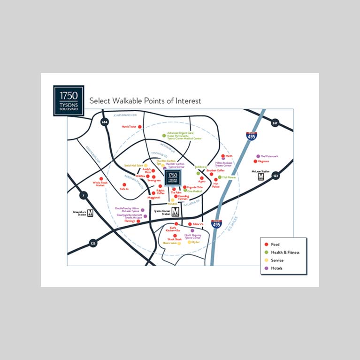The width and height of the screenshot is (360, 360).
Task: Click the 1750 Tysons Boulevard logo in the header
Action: click(69, 100)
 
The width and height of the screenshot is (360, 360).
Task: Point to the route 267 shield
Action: click(275, 123)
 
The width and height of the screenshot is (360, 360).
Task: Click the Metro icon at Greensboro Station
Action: click(90, 212)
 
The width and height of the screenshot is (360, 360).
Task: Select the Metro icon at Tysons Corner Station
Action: click(175, 212)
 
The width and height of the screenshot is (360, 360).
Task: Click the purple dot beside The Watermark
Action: click(258, 156)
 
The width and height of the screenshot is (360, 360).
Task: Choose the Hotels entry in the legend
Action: click(276, 268)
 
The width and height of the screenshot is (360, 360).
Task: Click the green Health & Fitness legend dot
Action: click(267, 253)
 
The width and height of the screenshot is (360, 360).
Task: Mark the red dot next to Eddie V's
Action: click(190, 224)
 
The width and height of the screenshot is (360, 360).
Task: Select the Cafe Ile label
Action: click(124, 189)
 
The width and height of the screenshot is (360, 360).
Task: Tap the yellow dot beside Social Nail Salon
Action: click(146, 166)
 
